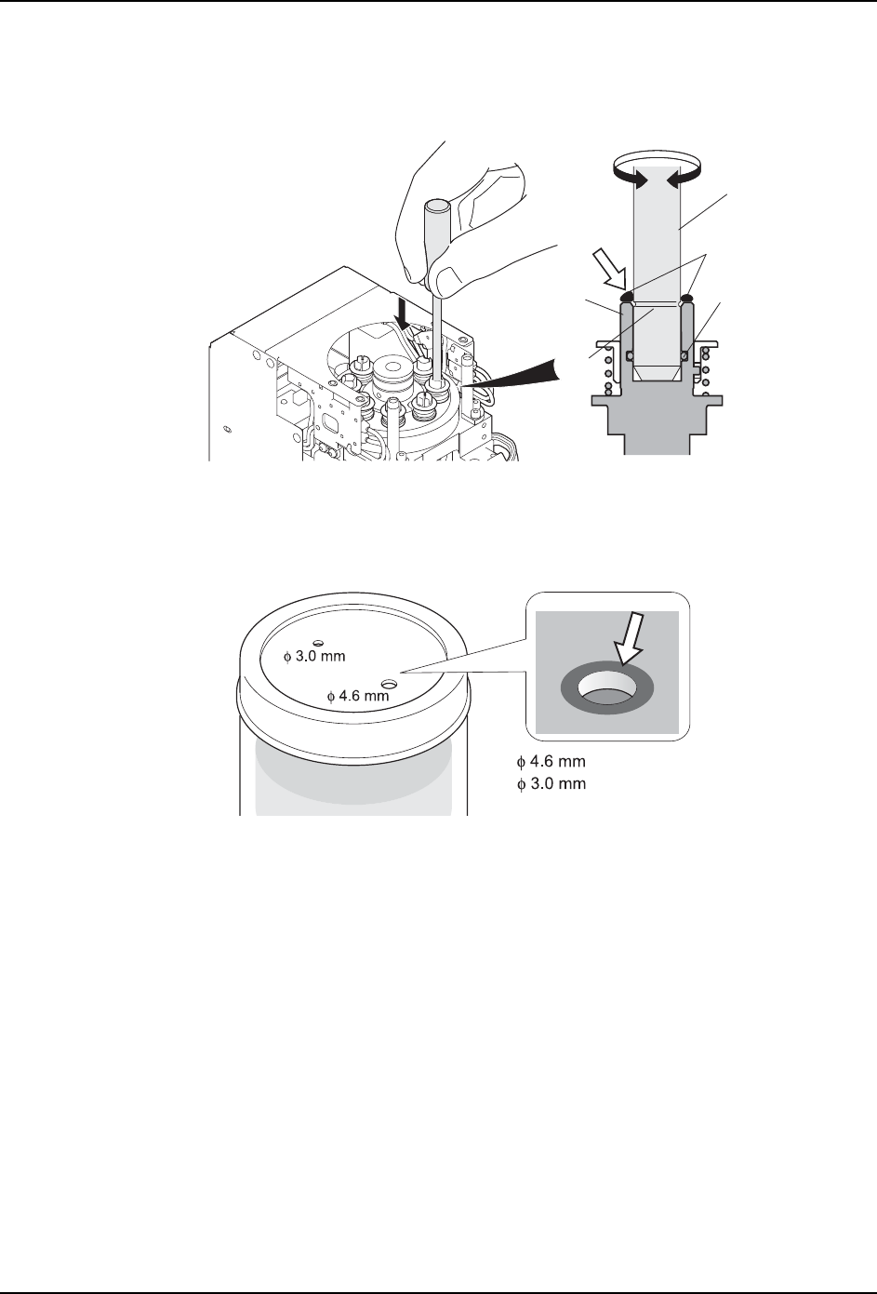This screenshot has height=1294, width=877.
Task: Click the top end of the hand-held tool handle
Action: (x=435, y=203)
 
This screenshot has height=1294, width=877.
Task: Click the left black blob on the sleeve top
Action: (x=628, y=297)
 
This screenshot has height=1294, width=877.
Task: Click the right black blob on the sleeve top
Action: (x=687, y=297)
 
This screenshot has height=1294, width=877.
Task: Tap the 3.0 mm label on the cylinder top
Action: (x=314, y=656)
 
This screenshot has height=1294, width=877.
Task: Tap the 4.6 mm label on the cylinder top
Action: (x=357, y=695)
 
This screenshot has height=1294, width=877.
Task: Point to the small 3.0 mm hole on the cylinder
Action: (x=318, y=642)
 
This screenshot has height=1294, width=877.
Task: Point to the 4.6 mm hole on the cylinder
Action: (x=388, y=684)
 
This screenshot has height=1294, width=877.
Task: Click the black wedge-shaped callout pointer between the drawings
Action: (x=521, y=371)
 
